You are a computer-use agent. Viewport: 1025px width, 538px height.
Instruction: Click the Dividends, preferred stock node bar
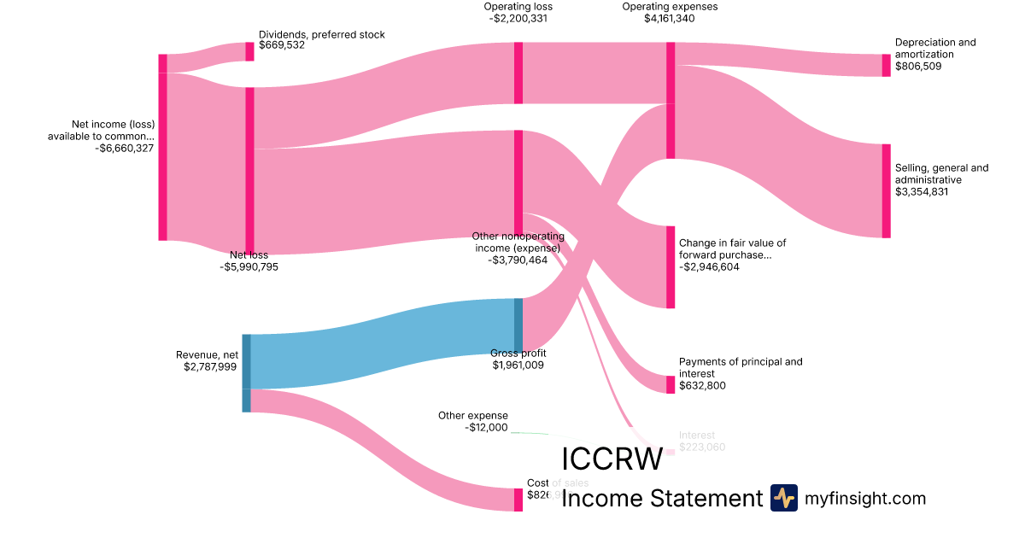(249, 51)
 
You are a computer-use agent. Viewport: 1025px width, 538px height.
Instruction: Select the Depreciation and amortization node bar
(886, 65)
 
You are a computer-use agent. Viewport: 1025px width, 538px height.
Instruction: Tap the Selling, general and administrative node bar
(886, 190)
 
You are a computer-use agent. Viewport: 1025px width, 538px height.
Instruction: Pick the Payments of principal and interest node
(671, 384)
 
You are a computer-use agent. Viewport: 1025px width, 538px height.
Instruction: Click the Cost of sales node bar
(518, 500)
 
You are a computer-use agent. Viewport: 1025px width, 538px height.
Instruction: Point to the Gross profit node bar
(518, 325)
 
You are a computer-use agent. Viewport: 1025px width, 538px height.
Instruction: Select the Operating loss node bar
(518, 73)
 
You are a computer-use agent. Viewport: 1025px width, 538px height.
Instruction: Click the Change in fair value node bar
(671, 266)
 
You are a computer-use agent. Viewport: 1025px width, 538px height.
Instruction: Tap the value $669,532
(282, 45)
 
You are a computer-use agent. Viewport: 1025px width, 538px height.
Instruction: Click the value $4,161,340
(670, 18)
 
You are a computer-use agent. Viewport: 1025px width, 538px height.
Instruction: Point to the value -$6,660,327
(125, 148)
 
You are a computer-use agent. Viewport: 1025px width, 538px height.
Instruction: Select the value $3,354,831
(922, 192)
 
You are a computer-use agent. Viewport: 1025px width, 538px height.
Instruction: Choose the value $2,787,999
(210, 367)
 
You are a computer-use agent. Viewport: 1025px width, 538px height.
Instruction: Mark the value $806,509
(918, 66)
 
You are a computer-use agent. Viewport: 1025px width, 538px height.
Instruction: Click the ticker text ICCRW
(612, 459)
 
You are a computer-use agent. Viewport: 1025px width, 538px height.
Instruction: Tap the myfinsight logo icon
(783, 498)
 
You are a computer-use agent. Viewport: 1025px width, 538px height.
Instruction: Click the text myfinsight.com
(865, 499)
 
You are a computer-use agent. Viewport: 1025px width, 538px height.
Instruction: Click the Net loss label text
(249, 254)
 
